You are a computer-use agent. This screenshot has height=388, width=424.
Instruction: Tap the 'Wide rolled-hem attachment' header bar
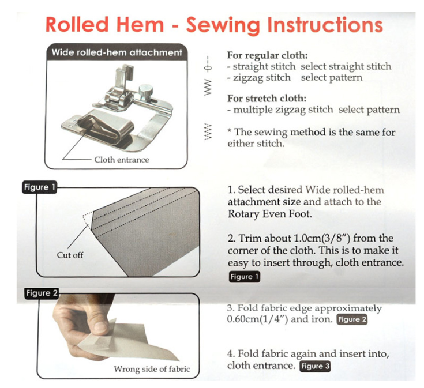(x=117, y=52)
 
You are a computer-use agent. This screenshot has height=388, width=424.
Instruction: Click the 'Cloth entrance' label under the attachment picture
(x=121, y=160)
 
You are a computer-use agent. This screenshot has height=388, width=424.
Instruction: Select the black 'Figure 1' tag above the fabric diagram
(x=39, y=187)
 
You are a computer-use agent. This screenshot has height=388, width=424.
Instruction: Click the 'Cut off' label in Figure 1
(x=70, y=255)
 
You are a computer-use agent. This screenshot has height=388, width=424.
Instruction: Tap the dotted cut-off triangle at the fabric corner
(x=88, y=220)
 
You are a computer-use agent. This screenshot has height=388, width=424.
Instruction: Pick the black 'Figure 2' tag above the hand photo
(x=42, y=293)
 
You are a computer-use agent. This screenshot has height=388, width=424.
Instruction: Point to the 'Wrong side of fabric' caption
(x=152, y=369)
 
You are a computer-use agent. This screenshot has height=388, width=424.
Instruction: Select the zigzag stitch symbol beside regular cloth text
(x=208, y=87)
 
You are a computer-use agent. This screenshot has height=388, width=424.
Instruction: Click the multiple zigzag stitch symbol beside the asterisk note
(x=208, y=132)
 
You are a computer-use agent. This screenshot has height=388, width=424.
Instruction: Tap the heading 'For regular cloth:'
(x=268, y=55)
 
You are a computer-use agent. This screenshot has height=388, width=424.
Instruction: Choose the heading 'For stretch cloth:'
(x=267, y=99)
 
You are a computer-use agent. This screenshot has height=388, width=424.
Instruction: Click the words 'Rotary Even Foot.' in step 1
(x=270, y=214)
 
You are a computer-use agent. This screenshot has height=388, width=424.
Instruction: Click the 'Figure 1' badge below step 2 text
(x=245, y=277)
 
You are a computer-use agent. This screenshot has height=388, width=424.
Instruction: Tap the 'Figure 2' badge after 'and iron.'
(x=352, y=319)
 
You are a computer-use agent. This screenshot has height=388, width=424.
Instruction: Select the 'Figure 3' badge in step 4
(x=315, y=366)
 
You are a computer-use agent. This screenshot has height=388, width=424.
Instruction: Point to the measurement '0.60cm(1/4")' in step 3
(x=258, y=319)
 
